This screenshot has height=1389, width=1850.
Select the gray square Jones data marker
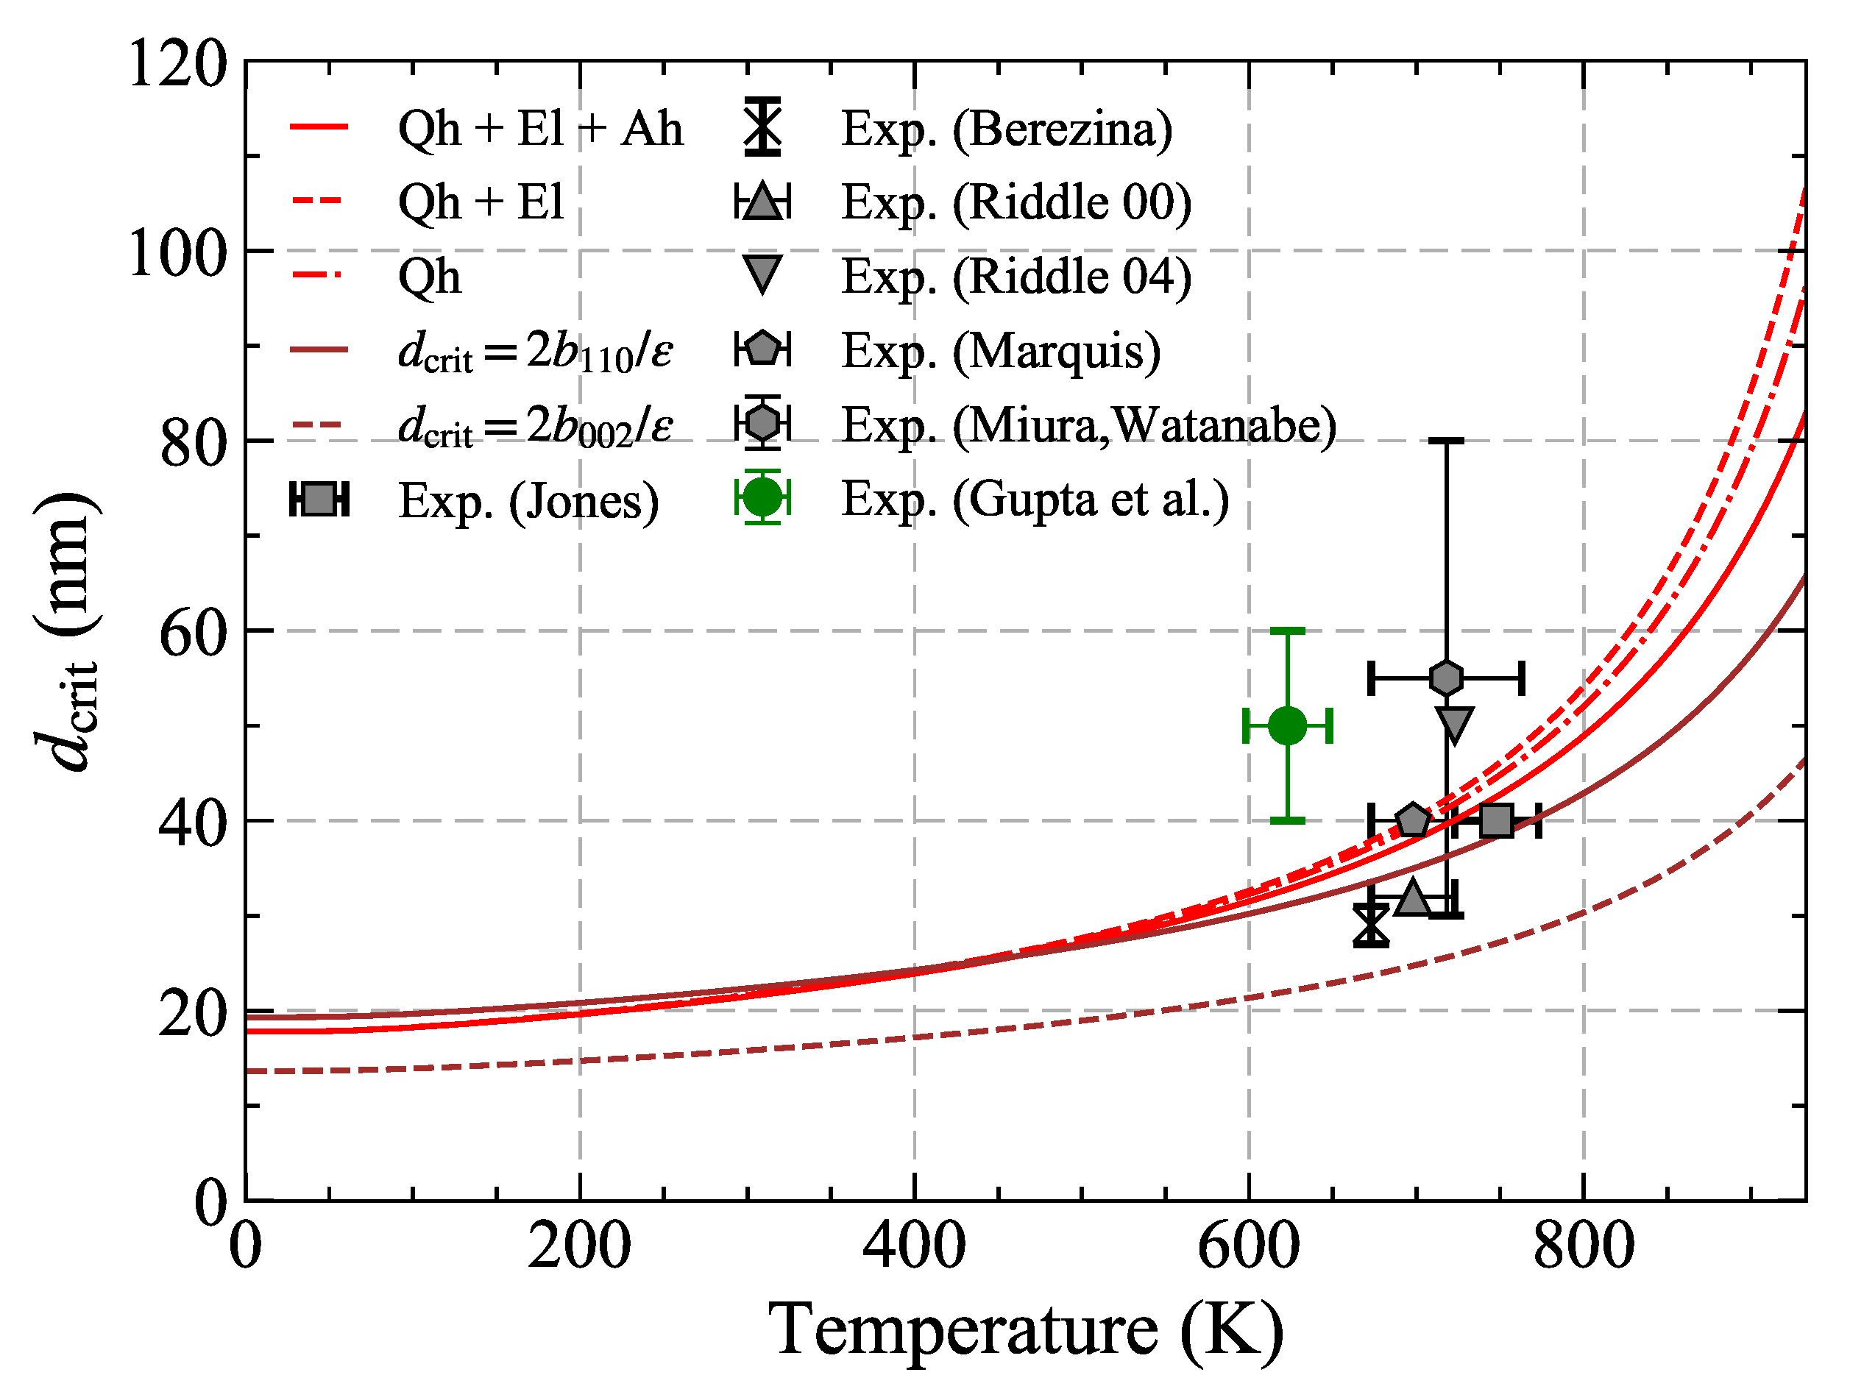(1496, 820)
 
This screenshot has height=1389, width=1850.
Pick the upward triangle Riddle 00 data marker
(1414, 898)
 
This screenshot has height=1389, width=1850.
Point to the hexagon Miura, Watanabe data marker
(1446, 678)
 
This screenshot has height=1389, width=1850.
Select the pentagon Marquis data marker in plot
(1414, 820)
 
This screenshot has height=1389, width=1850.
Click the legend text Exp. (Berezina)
(1006, 129)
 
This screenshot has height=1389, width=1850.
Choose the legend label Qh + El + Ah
(540, 129)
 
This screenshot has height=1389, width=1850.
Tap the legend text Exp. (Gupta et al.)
(1035, 500)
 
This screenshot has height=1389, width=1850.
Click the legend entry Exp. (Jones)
(528, 501)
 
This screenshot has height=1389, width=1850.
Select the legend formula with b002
(535, 426)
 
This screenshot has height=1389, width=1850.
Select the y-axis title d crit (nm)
(67, 631)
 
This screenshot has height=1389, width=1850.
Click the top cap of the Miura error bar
(1446, 441)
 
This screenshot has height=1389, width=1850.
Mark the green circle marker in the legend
(762, 497)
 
